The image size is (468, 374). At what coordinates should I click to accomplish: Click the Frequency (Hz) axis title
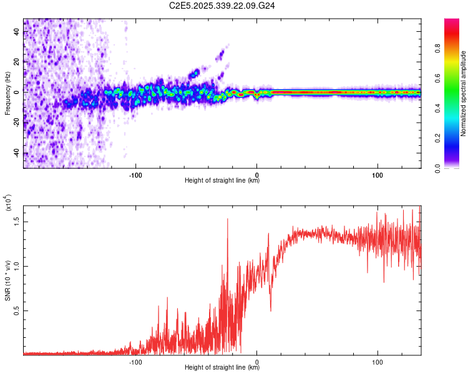coord(7,93)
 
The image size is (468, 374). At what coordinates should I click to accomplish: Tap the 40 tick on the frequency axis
coord(16,32)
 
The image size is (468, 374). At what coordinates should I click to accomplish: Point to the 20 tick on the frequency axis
coord(16,62)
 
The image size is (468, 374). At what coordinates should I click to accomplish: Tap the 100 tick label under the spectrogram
coord(378,174)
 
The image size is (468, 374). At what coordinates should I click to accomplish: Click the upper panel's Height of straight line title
coord(222,181)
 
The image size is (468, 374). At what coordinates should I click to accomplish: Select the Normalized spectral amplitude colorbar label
coord(463,93)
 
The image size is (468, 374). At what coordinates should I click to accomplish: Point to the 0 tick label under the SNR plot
coord(256,361)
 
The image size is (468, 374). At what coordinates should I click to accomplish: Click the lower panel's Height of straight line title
coord(222,368)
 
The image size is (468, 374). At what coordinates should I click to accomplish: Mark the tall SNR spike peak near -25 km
coord(227,219)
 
